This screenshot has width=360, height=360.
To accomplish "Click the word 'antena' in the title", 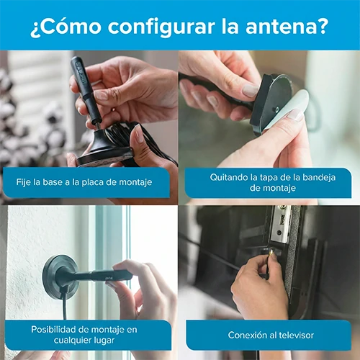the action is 279,26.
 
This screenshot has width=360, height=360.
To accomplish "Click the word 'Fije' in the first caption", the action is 24,182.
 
